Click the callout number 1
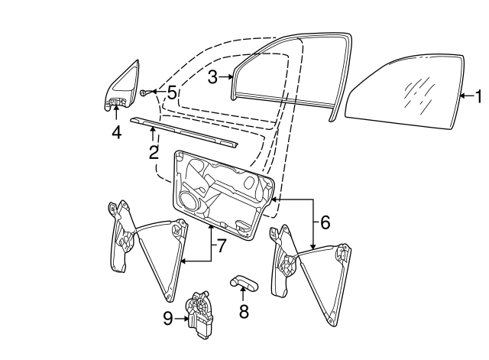pos(478,97)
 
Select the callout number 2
pos(154,152)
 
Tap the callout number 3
pos(213,76)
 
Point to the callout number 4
pos(116,131)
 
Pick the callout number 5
pos(172,93)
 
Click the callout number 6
pos(324,222)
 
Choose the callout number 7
pos(222,245)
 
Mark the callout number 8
pos(244,311)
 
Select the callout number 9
pos(168,319)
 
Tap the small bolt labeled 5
pos(144,92)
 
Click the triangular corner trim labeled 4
pos(123,84)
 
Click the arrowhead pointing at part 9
pos(186,319)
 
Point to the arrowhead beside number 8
pos(244,294)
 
